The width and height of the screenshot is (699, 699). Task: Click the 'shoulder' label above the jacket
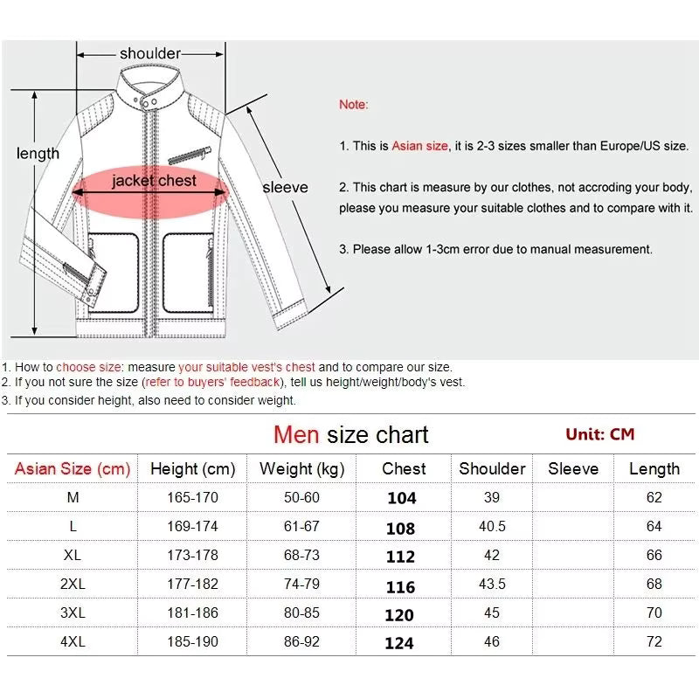(150, 54)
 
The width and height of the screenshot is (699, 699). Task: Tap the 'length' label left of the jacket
(38, 154)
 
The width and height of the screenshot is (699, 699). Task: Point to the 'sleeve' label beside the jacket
(286, 187)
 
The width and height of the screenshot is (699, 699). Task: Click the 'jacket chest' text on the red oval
(154, 182)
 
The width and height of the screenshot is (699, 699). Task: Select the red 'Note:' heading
(354, 105)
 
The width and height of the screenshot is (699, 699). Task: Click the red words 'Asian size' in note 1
(419, 146)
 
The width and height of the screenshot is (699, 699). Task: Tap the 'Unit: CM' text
(599, 434)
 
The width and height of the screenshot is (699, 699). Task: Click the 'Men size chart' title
(350, 434)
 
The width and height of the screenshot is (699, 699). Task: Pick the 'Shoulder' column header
(492, 469)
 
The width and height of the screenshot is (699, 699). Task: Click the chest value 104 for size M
(402, 498)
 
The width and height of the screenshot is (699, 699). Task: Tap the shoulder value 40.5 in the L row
(492, 527)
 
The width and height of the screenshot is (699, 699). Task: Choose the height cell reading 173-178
(192, 556)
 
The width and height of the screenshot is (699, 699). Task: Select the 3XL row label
(73, 613)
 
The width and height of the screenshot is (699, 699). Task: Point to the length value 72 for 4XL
(654, 642)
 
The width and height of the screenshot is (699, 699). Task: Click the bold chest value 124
(399, 643)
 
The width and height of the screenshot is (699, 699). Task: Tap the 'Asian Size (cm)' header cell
(73, 469)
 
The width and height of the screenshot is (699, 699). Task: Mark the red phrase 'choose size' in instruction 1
(88, 368)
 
